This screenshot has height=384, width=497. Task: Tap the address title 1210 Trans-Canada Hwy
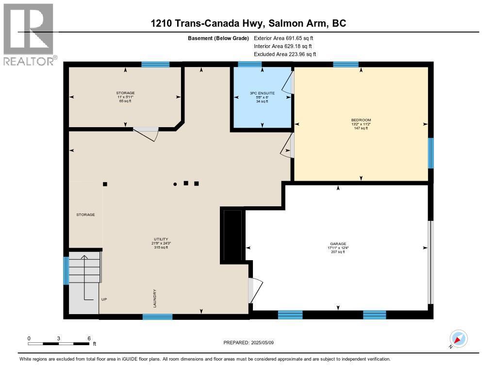point(248,23)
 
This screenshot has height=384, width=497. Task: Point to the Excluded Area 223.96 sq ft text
point(285,54)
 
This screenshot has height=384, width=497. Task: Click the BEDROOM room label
point(361,120)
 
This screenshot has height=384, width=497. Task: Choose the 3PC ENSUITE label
point(262,93)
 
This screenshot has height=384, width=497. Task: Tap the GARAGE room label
point(338,244)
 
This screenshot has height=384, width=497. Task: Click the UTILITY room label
point(161,239)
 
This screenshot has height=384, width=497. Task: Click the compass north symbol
point(458,338)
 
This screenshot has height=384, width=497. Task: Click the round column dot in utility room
point(175,184)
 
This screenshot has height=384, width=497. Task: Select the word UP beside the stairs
point(104,300)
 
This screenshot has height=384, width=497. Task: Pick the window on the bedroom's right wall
point(430,153)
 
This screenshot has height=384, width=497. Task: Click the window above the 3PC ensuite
point(250,64)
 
